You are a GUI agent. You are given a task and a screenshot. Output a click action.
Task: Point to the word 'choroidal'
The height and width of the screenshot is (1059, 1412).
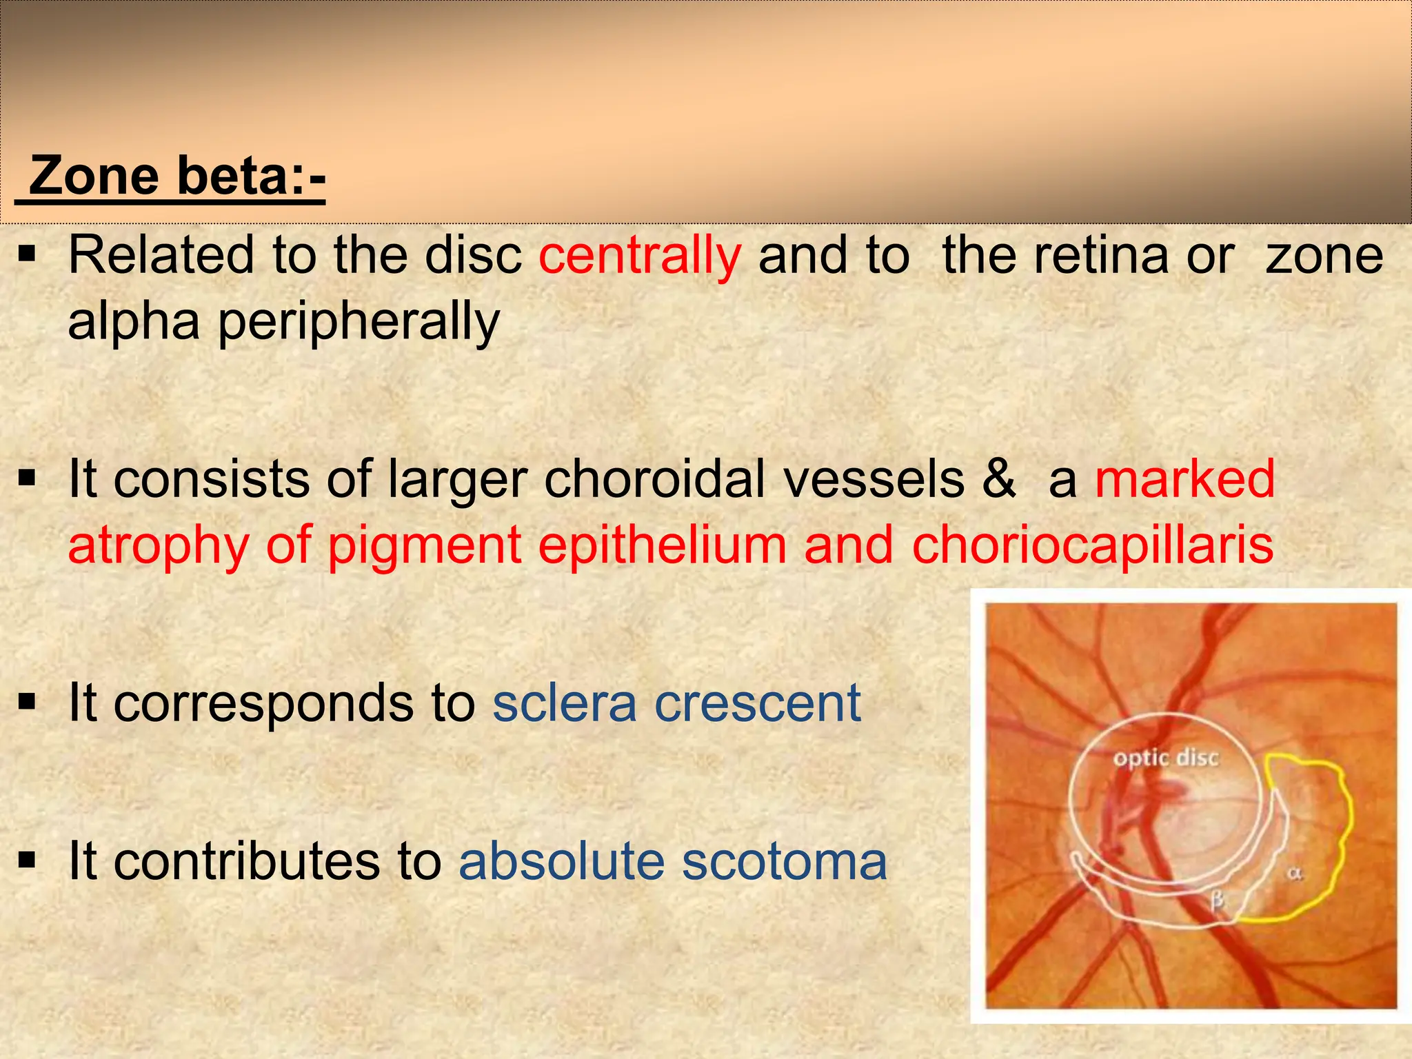coord(655,480)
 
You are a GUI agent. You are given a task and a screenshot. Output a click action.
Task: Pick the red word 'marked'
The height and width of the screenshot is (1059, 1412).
coord(1184,480)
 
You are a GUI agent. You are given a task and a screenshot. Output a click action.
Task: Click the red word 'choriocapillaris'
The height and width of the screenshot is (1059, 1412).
coord(1092,545)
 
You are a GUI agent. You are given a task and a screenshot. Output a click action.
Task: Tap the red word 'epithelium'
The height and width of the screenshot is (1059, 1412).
coord(662,545)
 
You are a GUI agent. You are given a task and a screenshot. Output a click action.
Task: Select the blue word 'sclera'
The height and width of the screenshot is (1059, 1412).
coord(565,704)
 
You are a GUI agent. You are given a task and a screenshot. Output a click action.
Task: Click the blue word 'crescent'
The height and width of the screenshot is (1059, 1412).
coord(758,704)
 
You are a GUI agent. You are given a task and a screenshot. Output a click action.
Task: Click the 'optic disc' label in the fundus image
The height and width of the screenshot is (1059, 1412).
coord(1166,758)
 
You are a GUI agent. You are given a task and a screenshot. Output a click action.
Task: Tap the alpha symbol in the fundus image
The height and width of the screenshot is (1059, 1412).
coord(1295,874)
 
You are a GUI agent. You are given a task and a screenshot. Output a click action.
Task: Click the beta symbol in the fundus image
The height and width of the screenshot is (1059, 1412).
coord(1218,900)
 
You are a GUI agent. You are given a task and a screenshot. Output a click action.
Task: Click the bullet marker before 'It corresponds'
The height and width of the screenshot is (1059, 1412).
coord(28,703)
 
